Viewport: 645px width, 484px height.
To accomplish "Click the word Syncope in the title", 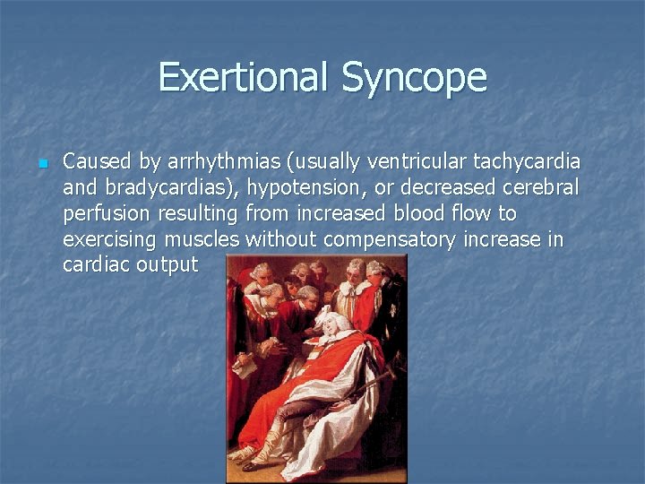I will (x=414, y=79).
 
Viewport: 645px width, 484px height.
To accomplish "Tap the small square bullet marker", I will (x=41, y=164).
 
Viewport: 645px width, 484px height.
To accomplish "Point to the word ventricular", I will (x=414, y=162).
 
